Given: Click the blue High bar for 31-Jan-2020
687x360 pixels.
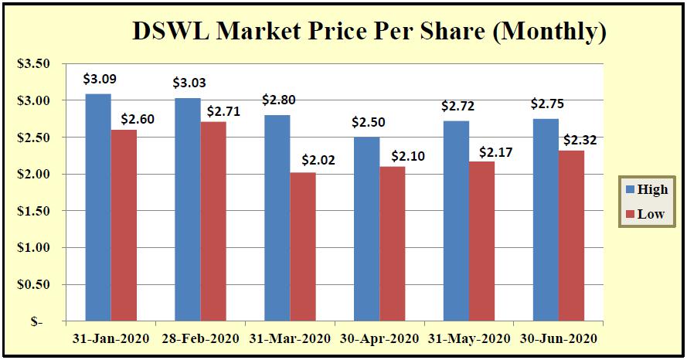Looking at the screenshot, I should (98, 207).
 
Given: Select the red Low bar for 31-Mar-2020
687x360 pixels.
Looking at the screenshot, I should (302, 246).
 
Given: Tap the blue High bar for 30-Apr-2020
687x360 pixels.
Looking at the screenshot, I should (367, 229).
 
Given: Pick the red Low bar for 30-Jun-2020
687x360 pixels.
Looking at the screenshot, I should (572, 236).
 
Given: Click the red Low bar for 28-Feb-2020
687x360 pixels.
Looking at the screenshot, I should (213, 221).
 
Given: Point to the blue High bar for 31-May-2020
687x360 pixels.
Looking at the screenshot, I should (457, 221).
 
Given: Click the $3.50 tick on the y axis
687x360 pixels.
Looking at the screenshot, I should (33, 64).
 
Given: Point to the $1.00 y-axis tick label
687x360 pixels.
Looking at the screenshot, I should (33, 248).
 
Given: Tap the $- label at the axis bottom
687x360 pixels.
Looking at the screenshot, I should (39, 321).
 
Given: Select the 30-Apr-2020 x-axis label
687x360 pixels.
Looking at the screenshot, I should (380, 339).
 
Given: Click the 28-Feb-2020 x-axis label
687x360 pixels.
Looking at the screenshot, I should (200, 339).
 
